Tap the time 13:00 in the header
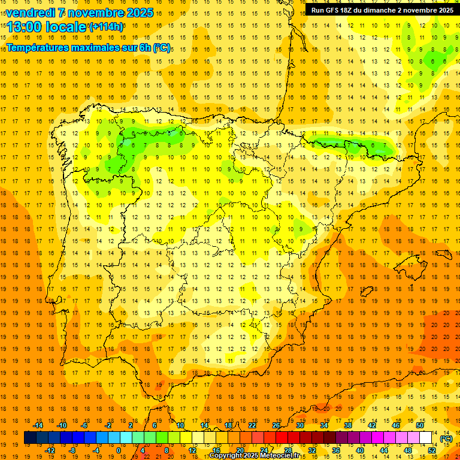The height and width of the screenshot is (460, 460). [x=25, y=26]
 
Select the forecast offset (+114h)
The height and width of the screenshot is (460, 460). [x=107, y=26]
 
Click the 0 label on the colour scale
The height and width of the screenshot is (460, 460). [x=118, y=450]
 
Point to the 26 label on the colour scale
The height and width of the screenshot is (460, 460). [x=276, y=425]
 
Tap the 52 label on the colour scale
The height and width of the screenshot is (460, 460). [x=432, y=450]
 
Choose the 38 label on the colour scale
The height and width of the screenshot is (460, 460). [x=348, y=425]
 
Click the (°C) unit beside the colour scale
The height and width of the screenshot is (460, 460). [x=446, y=438]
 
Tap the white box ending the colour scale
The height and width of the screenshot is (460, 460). [x=426, y=438]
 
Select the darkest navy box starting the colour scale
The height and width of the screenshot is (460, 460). [x=30, y=438]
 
